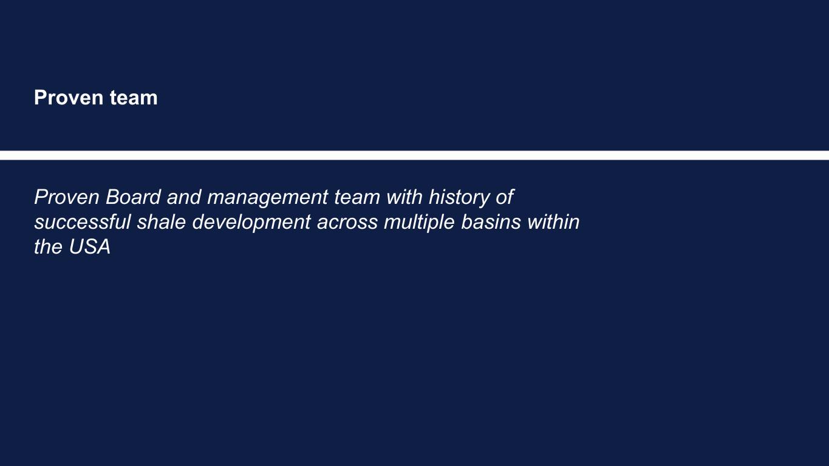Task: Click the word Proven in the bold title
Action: [69, 98]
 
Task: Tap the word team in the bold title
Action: [134, 98]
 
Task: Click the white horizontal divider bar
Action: [414, 155]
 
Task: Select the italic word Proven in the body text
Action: [67, 197]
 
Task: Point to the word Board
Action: [133, 197]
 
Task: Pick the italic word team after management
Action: [357, 197]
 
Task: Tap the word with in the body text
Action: [404, 197]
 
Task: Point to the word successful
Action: [83, 222]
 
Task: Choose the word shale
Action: [162, 222]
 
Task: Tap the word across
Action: [347, 222]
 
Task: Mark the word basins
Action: [491, 222]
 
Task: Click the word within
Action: [553, 222]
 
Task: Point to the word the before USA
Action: [48, 247]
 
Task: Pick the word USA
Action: [89, 247]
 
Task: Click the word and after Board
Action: [184, 197]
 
